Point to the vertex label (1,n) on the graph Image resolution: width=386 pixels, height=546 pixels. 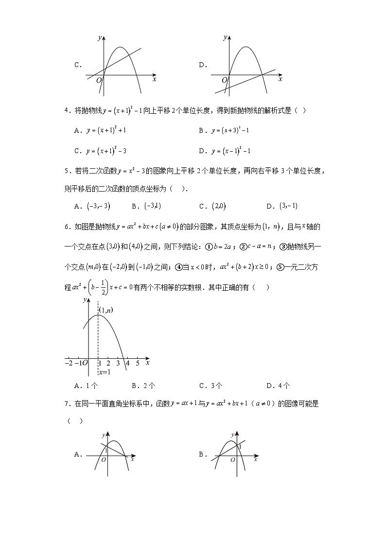[x=106, y=310]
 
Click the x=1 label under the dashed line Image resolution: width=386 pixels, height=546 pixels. [x=104, y=372]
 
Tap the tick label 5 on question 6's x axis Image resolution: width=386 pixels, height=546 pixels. [x=138, y=363]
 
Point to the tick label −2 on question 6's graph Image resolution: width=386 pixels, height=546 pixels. [x=69, y=363]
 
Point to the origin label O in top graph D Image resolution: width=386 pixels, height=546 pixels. [x=225, y=80]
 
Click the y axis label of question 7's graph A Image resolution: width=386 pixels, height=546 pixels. [x=104, y=434]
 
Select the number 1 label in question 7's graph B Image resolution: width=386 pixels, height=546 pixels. [x=240, y=445]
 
